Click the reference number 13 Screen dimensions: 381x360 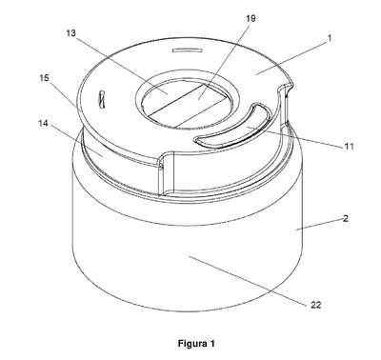click(71, 33)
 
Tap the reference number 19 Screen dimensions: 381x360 click(251, 19)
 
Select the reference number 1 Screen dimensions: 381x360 click(330, 38)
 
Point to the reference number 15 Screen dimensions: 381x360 click(44, 78)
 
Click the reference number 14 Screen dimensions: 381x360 click(43, 124)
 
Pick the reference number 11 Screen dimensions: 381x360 click(349, 147)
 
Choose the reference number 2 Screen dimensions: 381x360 click(346, 218)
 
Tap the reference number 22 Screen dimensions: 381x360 click(315, 305)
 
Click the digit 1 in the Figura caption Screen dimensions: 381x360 click(212, 343)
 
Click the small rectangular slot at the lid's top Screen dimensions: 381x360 click(187, 50)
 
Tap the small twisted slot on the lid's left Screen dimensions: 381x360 click(102, 100)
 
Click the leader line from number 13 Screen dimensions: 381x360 click(122, 65)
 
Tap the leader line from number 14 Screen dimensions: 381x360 click(76, 142)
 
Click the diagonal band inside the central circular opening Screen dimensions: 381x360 click(189, 104)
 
